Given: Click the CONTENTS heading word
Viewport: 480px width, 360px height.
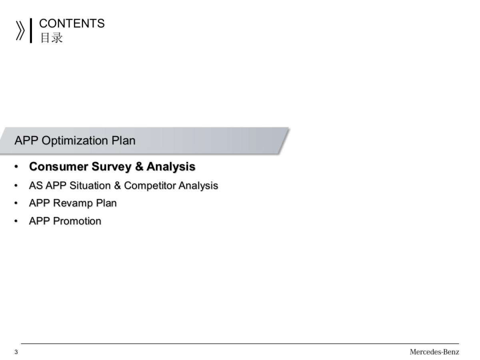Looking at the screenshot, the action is [72, 23].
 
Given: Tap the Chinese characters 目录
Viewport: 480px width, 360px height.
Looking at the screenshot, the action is [52, 38].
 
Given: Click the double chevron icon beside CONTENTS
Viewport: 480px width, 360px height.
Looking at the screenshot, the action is [20, 31].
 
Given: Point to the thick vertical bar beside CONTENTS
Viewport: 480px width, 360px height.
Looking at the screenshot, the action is [31, 31].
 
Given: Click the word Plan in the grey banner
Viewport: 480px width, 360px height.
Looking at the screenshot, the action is [124, 140].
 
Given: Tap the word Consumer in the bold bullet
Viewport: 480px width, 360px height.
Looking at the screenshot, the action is [59, 166].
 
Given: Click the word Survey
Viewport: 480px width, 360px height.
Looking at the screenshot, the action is [112, 167].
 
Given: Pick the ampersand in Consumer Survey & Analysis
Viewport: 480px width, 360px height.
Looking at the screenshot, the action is [139, 166].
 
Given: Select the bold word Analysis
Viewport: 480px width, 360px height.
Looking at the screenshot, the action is [171, 167].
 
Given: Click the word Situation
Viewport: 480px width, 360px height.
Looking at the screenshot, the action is [90, 186].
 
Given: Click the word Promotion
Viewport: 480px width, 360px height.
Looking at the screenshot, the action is [77, 221].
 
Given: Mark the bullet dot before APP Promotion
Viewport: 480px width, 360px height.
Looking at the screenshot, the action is [16, 221].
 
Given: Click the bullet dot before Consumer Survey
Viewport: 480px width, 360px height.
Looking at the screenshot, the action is [16, 166].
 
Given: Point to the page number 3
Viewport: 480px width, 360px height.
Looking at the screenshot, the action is [16, 352].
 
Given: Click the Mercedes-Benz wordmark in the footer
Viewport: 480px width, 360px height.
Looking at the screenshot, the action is [434, 352].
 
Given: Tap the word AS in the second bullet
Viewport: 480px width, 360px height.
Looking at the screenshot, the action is [36, 186].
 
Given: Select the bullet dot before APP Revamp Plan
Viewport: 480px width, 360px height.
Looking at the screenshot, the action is [16, 203].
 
